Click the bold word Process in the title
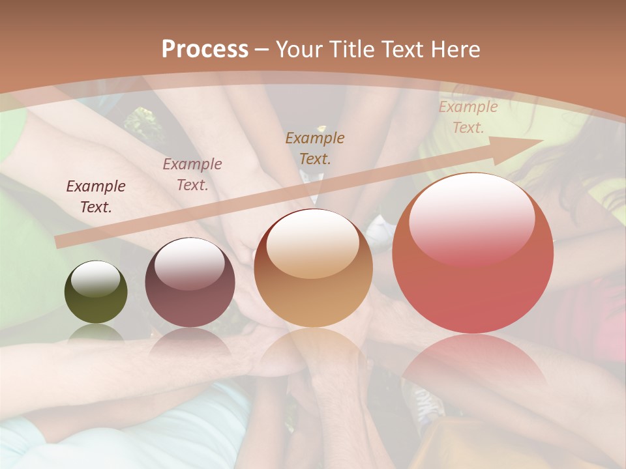tap(205, 49)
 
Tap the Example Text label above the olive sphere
tap(96, 197)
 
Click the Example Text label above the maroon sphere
tap(192, 175)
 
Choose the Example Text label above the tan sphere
tap(315, 148)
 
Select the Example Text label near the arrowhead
tap(468, 117)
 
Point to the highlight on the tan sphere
tap(313, 244)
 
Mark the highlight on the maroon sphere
tap(189, 263)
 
